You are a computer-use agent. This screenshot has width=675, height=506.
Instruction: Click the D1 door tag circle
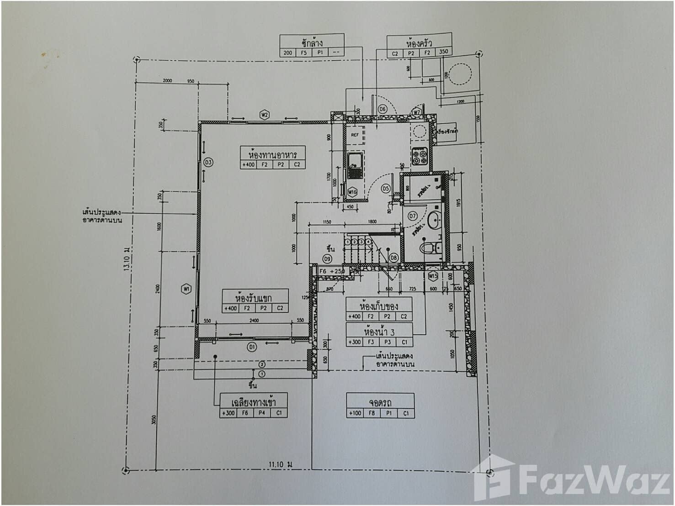pos(252,348)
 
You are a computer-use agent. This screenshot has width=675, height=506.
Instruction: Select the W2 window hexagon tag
pos(264,115)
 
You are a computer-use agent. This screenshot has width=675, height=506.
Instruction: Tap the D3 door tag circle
pos(208,162)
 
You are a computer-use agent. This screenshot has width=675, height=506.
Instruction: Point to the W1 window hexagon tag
pos(186,289)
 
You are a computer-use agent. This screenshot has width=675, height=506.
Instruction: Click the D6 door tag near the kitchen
pos(383,109)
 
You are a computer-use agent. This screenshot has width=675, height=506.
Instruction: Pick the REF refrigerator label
pos(355,135)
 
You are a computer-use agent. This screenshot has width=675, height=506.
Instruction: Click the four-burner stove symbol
pos(420,157)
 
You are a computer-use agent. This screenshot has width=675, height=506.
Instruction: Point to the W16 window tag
pos(352,192)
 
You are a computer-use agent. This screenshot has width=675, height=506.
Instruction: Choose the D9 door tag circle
pos(327,259)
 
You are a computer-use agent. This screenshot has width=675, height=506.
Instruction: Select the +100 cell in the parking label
pos(355,413)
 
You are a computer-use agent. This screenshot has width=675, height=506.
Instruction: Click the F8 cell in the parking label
pos(372,413)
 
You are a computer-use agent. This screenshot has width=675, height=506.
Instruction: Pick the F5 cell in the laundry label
pos(304,53)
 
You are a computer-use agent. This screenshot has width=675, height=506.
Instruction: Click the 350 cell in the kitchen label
pos(444,53)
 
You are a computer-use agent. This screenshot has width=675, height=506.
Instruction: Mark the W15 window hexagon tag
pos(433,276)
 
